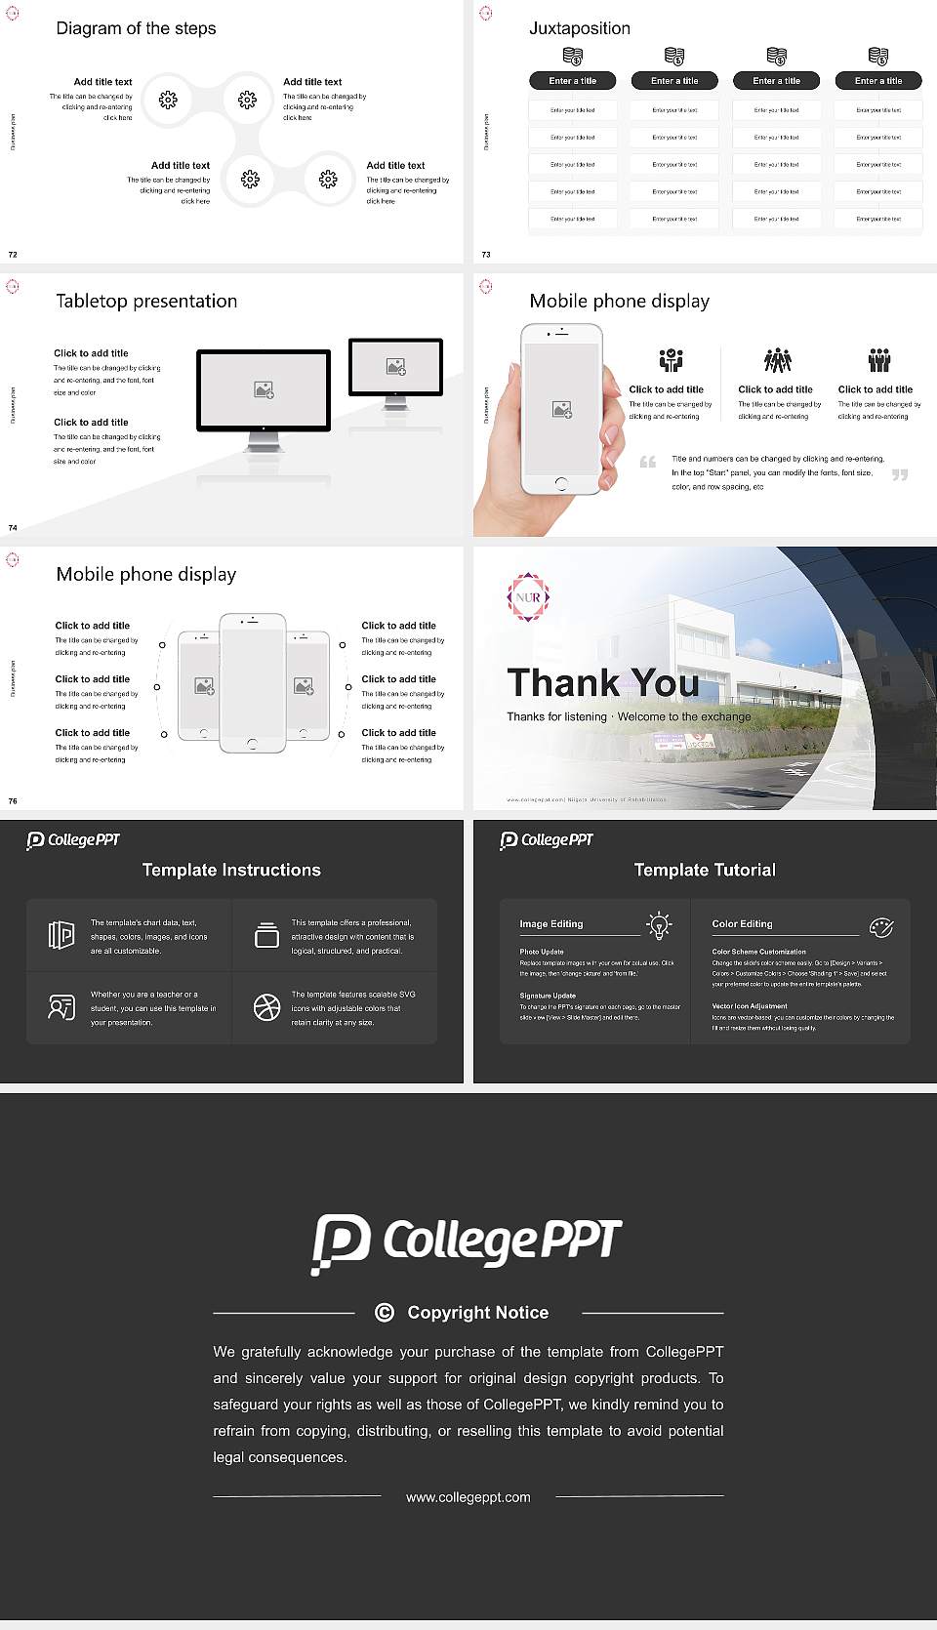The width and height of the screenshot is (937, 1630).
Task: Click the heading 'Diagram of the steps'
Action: [136, 28]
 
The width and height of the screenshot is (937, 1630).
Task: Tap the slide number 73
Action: [486, 255]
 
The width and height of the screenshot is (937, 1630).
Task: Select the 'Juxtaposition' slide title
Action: [579, 28]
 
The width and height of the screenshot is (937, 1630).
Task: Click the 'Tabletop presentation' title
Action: [146, 301]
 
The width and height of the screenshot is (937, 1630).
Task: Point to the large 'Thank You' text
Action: [602, 682]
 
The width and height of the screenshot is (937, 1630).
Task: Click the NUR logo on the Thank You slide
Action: [528, 597]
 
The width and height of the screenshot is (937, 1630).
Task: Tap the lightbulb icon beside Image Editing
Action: [659, 925]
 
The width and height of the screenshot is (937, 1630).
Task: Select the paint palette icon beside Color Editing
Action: [880, 927]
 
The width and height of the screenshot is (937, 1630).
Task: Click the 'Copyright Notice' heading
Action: [477, 1313]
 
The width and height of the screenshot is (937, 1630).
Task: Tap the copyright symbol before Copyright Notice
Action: [385, 1313]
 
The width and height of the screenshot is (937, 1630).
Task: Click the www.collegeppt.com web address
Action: [468, 1497]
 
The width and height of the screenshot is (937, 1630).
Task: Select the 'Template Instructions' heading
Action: [231, 870]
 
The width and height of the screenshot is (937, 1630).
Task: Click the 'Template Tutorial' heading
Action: [705, 870]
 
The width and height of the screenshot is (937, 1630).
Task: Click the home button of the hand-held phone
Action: [560, 483]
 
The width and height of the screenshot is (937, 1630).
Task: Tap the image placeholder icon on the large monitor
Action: [264, 389]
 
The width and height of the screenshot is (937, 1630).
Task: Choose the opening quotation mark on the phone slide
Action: [647, 462]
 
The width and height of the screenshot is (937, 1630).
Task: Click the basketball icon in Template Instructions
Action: [266, 1007]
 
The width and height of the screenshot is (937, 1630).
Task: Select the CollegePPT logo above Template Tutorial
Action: [547, 840]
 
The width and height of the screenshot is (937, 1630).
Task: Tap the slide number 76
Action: [13, 801]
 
